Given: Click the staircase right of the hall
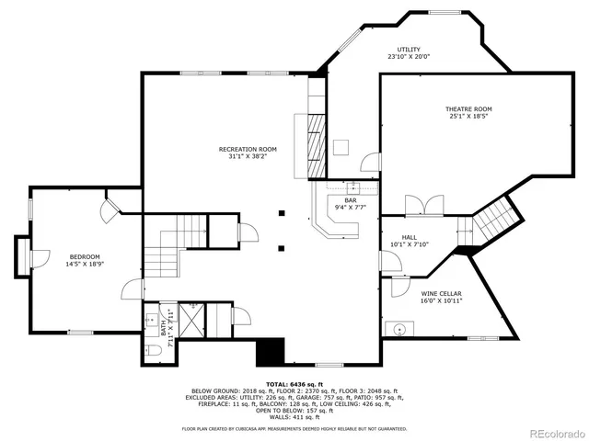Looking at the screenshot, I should click(492, 219).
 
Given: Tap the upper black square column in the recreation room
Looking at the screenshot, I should click(283, 213).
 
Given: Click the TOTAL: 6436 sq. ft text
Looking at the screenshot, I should click(294, 383).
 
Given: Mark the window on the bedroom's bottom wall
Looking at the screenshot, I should click(80, 332).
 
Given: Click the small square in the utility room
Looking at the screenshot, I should click(341, 145).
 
